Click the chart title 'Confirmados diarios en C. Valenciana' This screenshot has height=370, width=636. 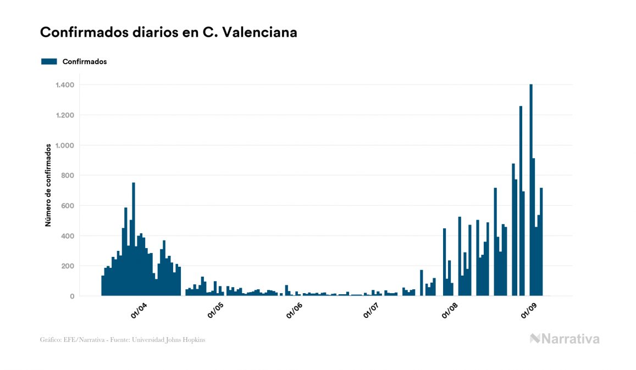(169, 32)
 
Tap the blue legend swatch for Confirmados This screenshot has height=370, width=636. (49, 61)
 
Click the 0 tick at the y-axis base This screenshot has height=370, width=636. (72, 296)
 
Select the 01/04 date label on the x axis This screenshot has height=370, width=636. (138, 311)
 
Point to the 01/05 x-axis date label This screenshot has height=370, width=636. (215, 311)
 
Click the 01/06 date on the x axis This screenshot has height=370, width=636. (294, 311)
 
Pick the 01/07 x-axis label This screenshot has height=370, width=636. (371, 311)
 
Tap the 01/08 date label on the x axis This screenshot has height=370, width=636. (450, 311)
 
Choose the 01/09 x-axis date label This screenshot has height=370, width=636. (529, 311)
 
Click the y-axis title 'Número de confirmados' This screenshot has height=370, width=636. (48, 186)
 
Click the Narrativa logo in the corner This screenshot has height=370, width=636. (565, 339)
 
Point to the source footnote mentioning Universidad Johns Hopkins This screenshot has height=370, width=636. (123, 340)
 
